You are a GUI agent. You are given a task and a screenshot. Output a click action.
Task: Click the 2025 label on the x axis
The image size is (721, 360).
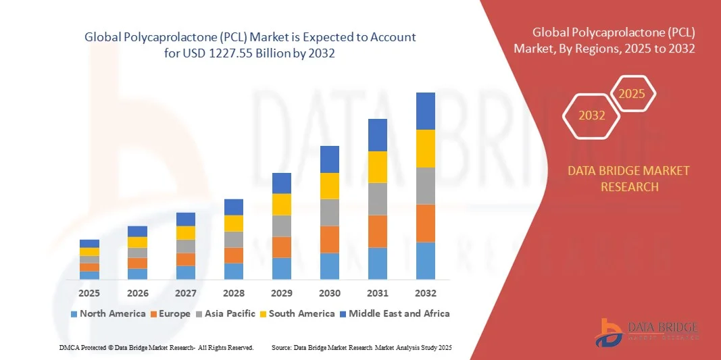tap(89, 293)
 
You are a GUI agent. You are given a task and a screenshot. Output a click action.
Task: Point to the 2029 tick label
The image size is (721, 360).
tap(282, 293)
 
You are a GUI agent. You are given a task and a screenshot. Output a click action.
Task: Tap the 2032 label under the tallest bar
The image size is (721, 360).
tap(426, 293)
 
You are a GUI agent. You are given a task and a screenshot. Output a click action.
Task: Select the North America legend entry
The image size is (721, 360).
tap(108, 313)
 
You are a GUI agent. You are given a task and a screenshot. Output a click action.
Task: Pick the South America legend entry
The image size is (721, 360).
tap(297, 313)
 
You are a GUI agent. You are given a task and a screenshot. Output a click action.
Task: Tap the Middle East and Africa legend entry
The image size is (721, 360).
tap(395, 313)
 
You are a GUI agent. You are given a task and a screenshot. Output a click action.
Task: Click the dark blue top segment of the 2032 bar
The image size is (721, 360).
tap(426, 111)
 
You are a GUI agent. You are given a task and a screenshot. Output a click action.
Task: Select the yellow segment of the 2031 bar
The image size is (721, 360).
tap(378, 167)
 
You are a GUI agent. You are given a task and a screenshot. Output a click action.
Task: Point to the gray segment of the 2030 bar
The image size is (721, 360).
tap(330, 212)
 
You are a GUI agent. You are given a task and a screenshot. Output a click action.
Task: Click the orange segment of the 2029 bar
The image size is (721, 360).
tap(282, 247)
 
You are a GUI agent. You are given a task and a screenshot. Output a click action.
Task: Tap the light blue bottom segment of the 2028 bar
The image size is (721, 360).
tap(234, 271)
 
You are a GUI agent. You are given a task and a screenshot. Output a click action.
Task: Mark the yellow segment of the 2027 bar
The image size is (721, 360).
tap(186, 232)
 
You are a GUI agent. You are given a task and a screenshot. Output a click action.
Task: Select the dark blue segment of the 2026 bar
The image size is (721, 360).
tap(137, 231)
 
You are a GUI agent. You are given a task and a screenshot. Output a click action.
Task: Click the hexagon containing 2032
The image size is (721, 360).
tap(591, 115)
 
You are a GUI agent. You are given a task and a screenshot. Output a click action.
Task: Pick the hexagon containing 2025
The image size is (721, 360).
tap(632, 94)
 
